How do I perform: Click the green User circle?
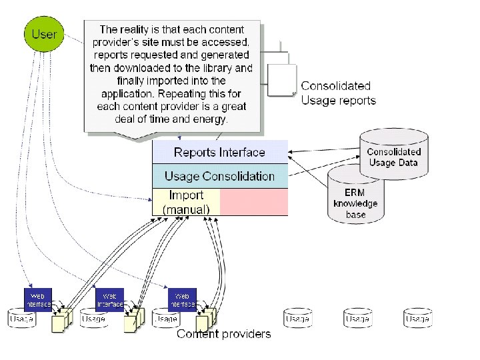tap(45, 33)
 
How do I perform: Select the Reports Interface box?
tap(219, 152)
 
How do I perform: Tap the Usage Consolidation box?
tap(219, 176)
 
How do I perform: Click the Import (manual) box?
tap(186, 202)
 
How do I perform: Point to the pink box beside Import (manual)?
tap(254, 202)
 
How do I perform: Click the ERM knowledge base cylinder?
tap(355, 197)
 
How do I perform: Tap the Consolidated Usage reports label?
tap(338, 93)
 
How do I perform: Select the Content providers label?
tap(223, 334)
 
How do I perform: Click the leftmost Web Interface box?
tap(38, 299)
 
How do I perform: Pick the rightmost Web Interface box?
tap(182, 299)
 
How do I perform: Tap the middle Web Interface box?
tap(110, 299)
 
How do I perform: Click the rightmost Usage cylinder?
tap(418, 319)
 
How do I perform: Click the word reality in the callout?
tap(140, 29)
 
